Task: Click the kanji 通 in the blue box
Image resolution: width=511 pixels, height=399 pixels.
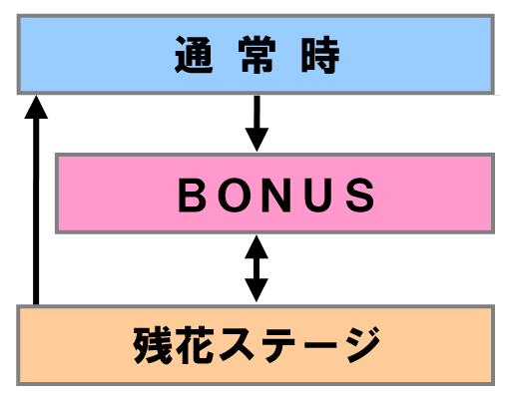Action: [194, 55]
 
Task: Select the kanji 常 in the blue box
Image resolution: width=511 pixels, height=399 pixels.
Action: [256, 55]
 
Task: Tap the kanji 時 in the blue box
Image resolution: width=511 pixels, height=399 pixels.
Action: [320, 55]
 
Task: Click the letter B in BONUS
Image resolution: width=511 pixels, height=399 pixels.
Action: [192, 195]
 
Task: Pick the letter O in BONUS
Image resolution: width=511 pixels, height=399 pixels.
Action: [235, 195]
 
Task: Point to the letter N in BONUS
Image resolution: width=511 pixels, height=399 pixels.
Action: [276, 195]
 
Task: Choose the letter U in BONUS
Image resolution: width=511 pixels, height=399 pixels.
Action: [317, 196]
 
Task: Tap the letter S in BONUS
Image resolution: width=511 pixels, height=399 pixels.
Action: [359, 195]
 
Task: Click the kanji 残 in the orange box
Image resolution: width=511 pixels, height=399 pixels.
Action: [153, 345]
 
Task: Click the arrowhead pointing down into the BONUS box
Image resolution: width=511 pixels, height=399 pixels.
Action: [256, 140]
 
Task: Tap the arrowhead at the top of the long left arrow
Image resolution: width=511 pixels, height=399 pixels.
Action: [36, 107]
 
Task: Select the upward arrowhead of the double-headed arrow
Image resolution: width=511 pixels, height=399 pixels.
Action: [256, 246]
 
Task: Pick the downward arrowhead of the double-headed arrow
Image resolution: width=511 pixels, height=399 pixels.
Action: [256, 290]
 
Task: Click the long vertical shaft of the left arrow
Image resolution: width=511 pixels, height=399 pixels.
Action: [36, 211]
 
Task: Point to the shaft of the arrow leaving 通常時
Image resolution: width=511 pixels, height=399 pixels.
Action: [256, 112]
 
